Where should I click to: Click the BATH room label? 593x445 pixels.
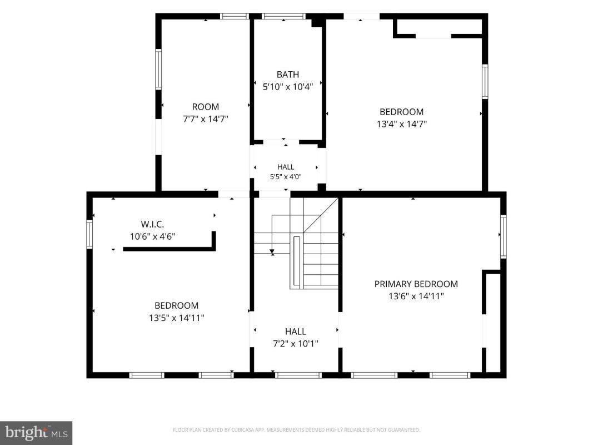click(x=287, y=75)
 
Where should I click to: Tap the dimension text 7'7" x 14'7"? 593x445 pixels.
click(x=206, y=119)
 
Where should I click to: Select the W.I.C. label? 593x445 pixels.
click(x=152, y=224)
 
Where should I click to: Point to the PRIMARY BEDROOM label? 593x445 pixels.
click(x=416, y=284)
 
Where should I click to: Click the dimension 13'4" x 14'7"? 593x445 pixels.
click(x=402, y=124)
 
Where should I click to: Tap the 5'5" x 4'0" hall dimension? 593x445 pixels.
click(x=286, y=177)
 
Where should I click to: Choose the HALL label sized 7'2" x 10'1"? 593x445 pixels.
click(x=295, y=332)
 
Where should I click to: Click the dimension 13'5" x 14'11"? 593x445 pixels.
click(x=177, y=318)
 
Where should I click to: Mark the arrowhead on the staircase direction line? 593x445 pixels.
click(x=272, y=251)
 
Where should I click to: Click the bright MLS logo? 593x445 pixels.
click(x=36, y=432)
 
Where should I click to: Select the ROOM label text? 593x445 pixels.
click(x=206, y=107)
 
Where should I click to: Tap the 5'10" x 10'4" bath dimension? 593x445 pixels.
click(x=288, y=87)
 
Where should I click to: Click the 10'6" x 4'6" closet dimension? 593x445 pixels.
click(x=152, y=237)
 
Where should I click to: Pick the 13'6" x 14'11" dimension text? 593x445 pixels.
click(x=416, y=296)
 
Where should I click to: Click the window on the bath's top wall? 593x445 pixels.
click(x=283, y=16)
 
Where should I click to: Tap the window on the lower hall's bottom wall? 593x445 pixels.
click(x=298, y=375)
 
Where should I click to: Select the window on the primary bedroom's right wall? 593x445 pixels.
click(x=504, y=236)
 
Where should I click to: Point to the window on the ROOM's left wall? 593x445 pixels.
click(x=158, y=70)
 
